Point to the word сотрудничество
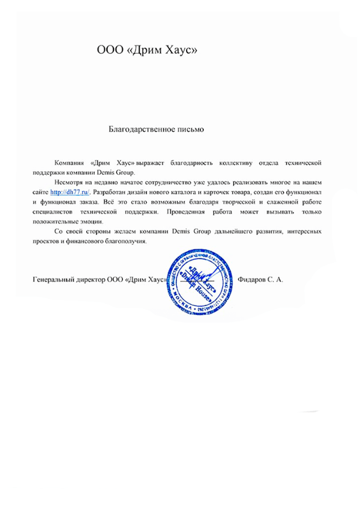point(167,182)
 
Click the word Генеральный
point(52,280)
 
